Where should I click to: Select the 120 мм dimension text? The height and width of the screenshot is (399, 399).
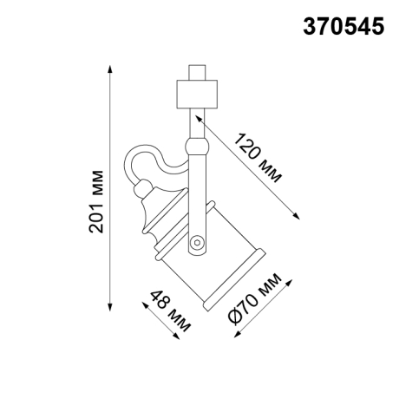point(258,155)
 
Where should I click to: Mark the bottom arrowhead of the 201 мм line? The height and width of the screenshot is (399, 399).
point(110,305)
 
